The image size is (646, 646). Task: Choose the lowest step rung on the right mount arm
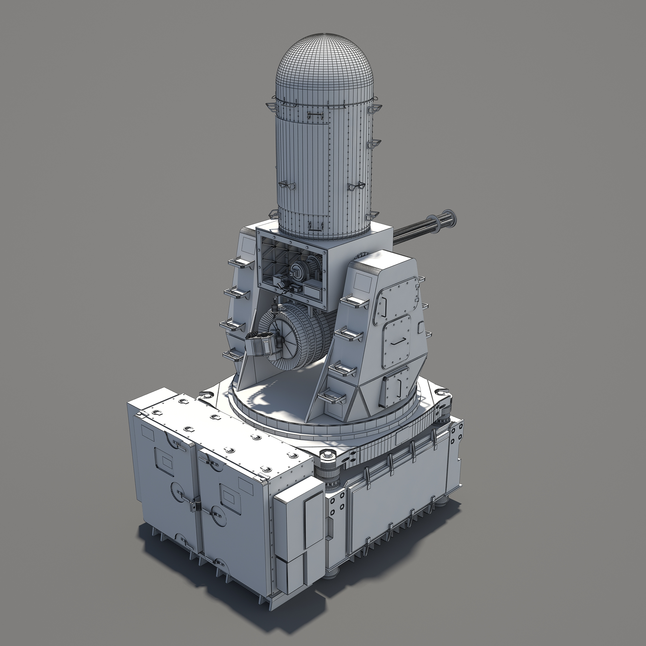tap(331, 397)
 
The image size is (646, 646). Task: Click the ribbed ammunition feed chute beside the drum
tap(261, 344)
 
